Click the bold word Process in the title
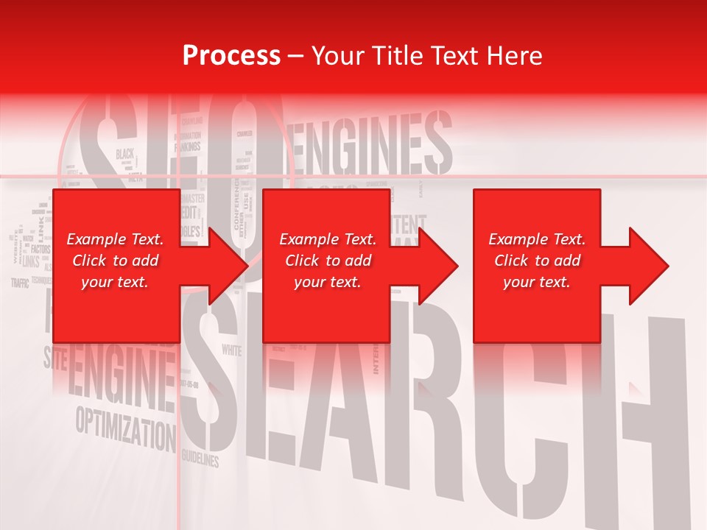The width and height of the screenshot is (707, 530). coord(231,55)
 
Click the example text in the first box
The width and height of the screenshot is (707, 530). coord(115,261)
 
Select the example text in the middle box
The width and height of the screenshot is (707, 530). coord(328,261)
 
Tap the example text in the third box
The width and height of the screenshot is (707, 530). coord(537,261)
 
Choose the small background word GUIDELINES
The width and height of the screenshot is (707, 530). coord(200,458)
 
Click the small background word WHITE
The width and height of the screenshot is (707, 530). coord(231,350)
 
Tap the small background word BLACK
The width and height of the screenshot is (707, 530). coord(124,154)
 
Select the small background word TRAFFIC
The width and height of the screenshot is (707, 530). coord(21,283)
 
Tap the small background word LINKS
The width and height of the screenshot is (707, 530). coord(30,261)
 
